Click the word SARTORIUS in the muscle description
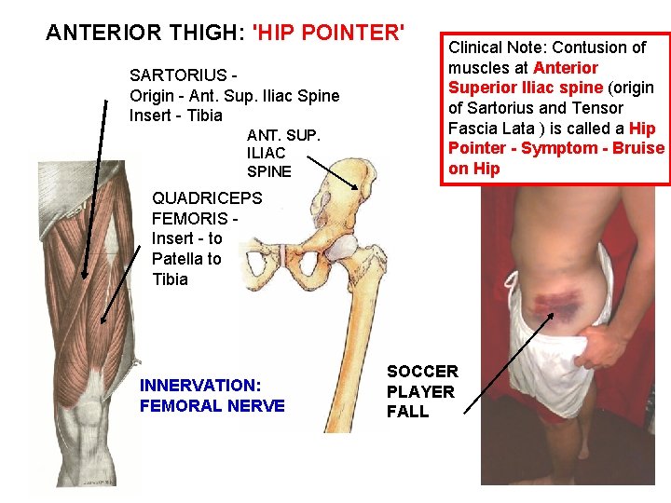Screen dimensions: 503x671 (x=176, y=75)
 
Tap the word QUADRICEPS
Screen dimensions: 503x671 (x=207, y=197)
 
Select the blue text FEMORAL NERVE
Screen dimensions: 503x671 (x=212, y=405)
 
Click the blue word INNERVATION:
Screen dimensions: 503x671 (x=199, y=385)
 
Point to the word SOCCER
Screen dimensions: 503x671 (x=422, y=372)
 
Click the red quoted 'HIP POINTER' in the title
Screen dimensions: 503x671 (x=329, y=33)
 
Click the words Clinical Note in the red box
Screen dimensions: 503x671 (x=497, y=47)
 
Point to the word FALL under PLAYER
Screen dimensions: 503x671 (x=407, y=412)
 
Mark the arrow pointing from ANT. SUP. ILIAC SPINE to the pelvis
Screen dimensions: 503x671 (x=331, y=172)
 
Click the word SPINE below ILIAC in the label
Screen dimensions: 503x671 (x=268, y=171)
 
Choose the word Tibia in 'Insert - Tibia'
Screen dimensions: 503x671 (x=203, y=116)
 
